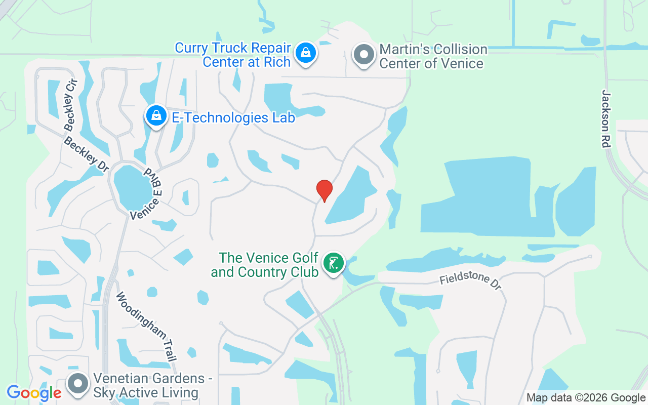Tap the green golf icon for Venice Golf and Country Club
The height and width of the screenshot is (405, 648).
[333, 264]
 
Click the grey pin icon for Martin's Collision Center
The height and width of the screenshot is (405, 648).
[363, 54]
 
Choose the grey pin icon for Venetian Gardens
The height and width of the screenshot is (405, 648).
[78, 384]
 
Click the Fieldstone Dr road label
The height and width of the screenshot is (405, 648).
[470, 281]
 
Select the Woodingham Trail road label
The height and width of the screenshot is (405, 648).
[146, 327]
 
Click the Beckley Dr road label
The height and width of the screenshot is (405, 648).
[86, 154]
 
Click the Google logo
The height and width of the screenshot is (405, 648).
[34, 393]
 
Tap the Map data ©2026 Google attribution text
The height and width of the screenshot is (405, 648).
[586, 398]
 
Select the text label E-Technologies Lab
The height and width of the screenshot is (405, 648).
[233, 118]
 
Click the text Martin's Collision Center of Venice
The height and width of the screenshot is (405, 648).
[433, 56]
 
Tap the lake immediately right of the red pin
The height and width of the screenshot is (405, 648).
[352, 195]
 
